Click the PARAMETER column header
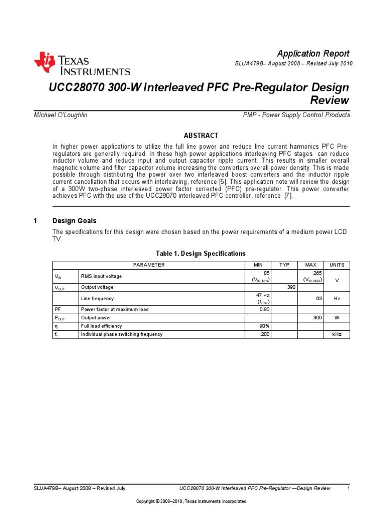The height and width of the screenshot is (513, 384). click(149, 265)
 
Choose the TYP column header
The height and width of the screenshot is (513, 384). click(284, 265)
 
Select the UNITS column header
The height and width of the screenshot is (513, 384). click(337, 265)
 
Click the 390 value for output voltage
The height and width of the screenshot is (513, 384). click(290, 287)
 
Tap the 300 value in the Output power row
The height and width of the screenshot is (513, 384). click(316, 317)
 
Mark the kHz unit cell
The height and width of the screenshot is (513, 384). click(337, 334)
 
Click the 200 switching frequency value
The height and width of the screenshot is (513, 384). click(265, 334)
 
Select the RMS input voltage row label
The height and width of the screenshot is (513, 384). click(101, 276)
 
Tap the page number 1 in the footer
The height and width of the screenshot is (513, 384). click(348, 488)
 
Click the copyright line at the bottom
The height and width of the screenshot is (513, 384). click(192, 501)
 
